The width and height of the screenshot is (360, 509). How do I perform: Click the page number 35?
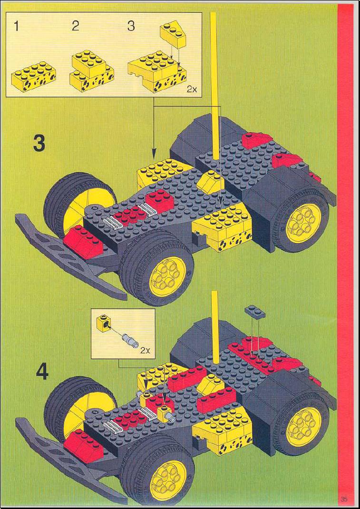(x=344, y=499)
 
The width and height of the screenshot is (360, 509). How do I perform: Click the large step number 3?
(x=39, y=144)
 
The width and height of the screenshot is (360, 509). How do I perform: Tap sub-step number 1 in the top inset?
(x=16, y=26)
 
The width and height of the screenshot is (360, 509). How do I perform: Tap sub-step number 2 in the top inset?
(x=75, y=26)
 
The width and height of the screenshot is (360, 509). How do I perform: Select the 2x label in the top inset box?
(x=192, y=90)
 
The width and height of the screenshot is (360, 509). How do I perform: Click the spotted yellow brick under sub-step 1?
(x=33, y=76)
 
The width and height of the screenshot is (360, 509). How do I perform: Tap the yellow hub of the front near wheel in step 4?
(x=168, y=477)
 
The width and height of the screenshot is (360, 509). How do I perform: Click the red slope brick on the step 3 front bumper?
(x=83, y=241)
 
